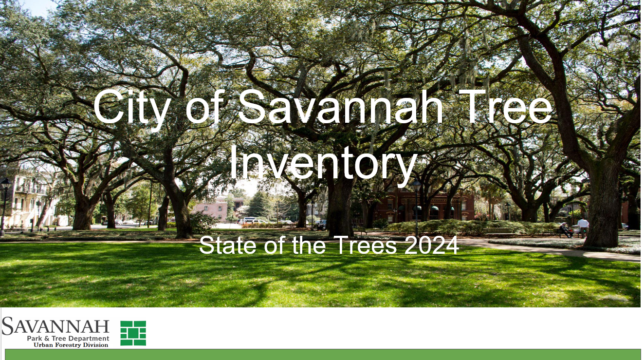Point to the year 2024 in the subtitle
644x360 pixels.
(431, 246)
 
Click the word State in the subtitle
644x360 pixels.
(227, 246)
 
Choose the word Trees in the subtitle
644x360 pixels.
(365, 246)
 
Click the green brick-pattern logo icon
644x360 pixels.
(133, 333)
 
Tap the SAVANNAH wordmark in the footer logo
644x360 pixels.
(55, 326)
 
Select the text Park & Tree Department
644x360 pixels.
(68, 339)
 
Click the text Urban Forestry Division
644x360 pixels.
(71, 345)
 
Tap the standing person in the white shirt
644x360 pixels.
(583, 227)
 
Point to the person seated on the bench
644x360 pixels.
(566, 230)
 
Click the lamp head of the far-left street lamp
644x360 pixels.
(6, 184)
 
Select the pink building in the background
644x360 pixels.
(217, 208)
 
